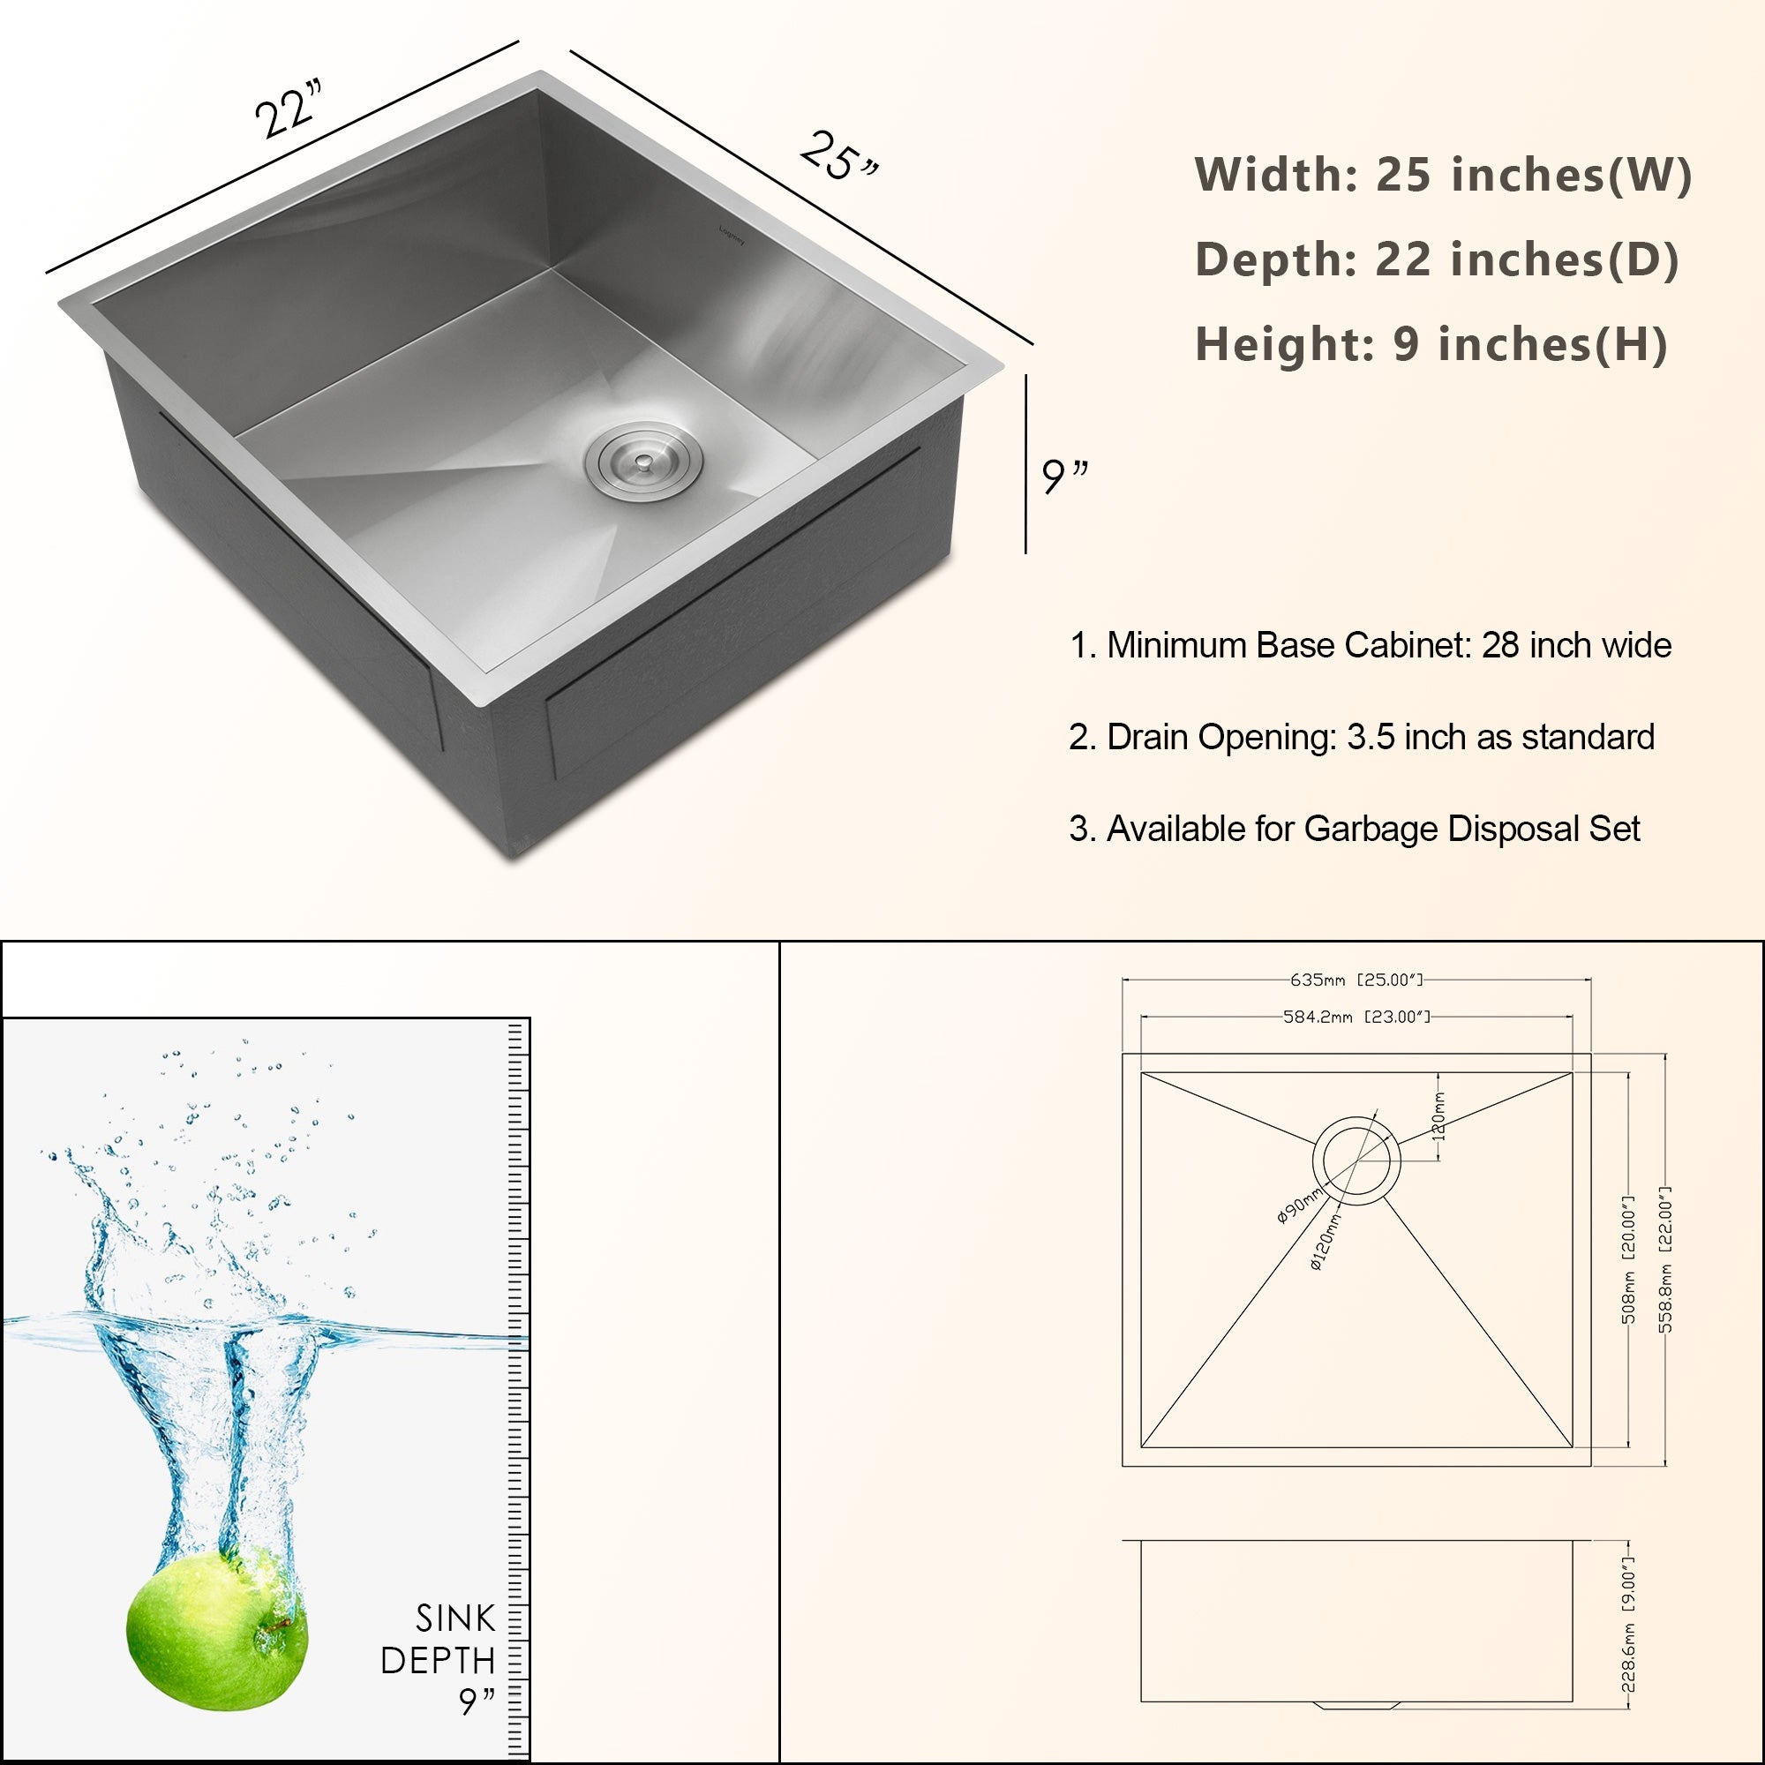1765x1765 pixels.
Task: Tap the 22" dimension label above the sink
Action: (289, 109)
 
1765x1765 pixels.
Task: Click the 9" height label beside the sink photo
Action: (1065, 476)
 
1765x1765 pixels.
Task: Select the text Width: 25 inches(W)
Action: (1444, 175)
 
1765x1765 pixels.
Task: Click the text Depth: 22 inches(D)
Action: (1436, 259)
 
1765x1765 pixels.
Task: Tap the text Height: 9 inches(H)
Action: (1431, 344)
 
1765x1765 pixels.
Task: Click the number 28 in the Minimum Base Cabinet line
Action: (1500, 646)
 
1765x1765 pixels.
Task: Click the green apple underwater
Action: (216, 1629)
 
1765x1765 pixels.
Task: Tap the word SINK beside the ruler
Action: (455, 1618)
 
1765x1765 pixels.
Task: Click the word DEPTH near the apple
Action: (438, 1661)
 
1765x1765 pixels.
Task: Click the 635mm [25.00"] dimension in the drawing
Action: (1356, 980)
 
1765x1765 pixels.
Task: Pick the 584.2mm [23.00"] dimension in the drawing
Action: (1356, 1017)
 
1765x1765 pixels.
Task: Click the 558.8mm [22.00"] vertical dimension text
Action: (1664, 1260)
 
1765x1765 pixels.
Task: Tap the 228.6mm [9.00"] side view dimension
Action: (1628, 1626)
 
